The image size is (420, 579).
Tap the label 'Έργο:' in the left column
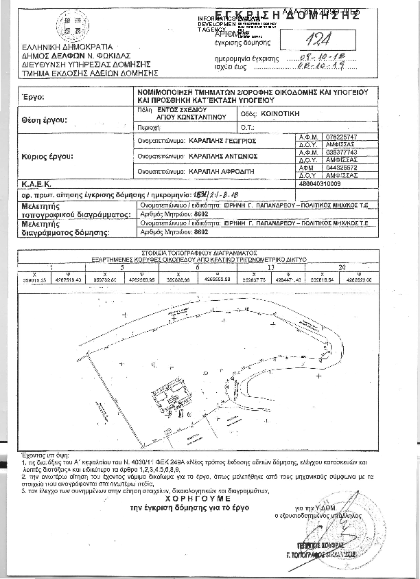pos(33,98)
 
